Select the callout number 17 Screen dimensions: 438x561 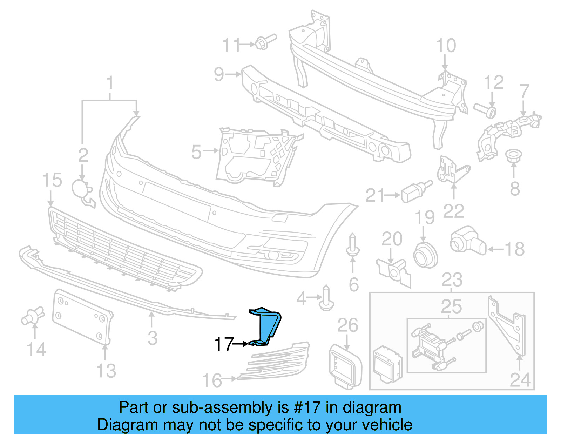tap(223, 344)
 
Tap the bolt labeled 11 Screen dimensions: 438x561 tap(264, 42)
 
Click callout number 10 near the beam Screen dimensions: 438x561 tap(446, 46)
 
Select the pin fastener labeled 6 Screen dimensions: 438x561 tap(352, 245)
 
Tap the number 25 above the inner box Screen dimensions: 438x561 tap(451, 307)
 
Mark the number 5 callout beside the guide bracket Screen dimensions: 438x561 tap(196, 152)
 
